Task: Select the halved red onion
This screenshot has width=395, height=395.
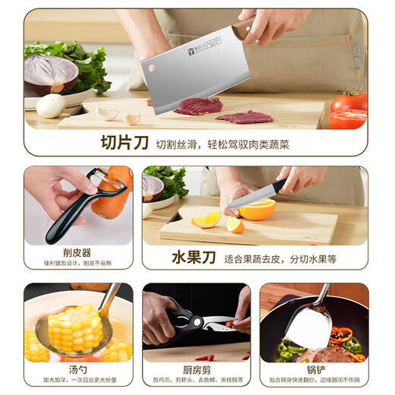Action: point(51,74)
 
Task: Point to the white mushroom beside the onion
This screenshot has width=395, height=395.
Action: point(50,105)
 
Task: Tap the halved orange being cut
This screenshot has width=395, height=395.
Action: point(258,210)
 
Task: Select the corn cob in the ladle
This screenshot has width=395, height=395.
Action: point(74,328)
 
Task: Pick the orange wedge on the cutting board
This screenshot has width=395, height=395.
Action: point(206,220)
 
